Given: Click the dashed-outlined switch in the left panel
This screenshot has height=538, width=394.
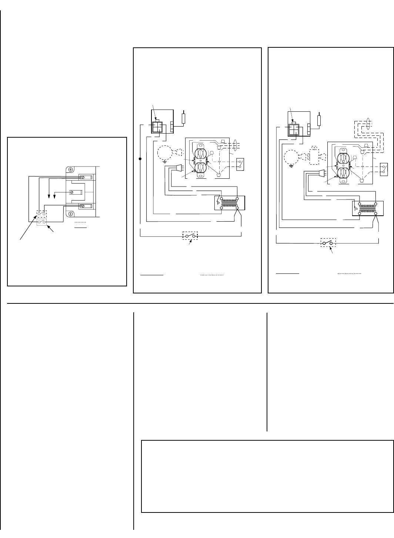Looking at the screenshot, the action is [41, 214].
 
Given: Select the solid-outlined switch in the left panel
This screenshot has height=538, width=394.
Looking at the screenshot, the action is [41, 222].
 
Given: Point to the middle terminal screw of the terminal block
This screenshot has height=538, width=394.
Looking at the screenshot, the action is [74, 192].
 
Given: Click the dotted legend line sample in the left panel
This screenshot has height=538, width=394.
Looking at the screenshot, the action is [81, 221].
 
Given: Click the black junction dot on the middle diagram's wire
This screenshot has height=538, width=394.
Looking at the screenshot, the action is [140, 159].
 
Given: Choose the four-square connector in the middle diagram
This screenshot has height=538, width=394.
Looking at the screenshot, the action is [157, 127].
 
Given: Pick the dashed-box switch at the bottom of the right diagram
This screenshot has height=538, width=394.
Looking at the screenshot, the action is [328, 243].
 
